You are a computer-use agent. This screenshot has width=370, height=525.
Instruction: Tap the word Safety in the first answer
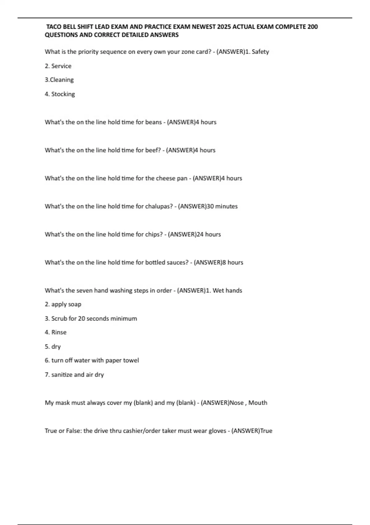point(260,52)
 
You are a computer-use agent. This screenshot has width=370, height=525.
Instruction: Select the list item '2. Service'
point(58,66)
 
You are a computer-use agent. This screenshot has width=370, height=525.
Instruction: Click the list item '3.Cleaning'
point(59,80)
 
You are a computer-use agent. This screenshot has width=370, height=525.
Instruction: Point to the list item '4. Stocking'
point(60,94)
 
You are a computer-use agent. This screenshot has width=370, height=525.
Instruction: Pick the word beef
point(152,150)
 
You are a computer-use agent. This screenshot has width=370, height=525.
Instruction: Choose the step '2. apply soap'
point(63,304)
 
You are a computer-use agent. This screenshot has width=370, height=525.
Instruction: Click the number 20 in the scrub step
point(81,318)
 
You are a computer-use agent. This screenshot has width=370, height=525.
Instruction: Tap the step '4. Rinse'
point(55,333)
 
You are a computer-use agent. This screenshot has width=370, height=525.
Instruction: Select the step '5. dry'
point(53,346)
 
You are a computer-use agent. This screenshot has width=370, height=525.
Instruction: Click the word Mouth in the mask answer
point(258,403)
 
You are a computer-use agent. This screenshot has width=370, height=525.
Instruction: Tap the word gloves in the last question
point(217,431)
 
